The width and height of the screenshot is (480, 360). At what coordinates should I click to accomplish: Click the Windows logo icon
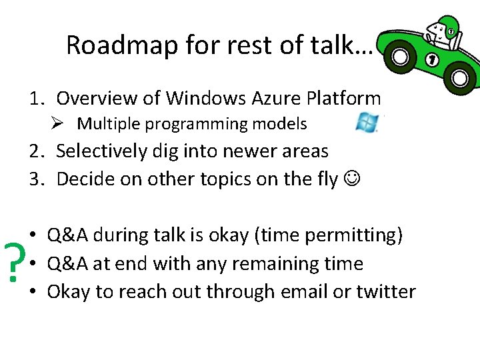tap(367, 123)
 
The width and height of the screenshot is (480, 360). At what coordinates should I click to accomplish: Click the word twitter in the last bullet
tap(387, 292)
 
